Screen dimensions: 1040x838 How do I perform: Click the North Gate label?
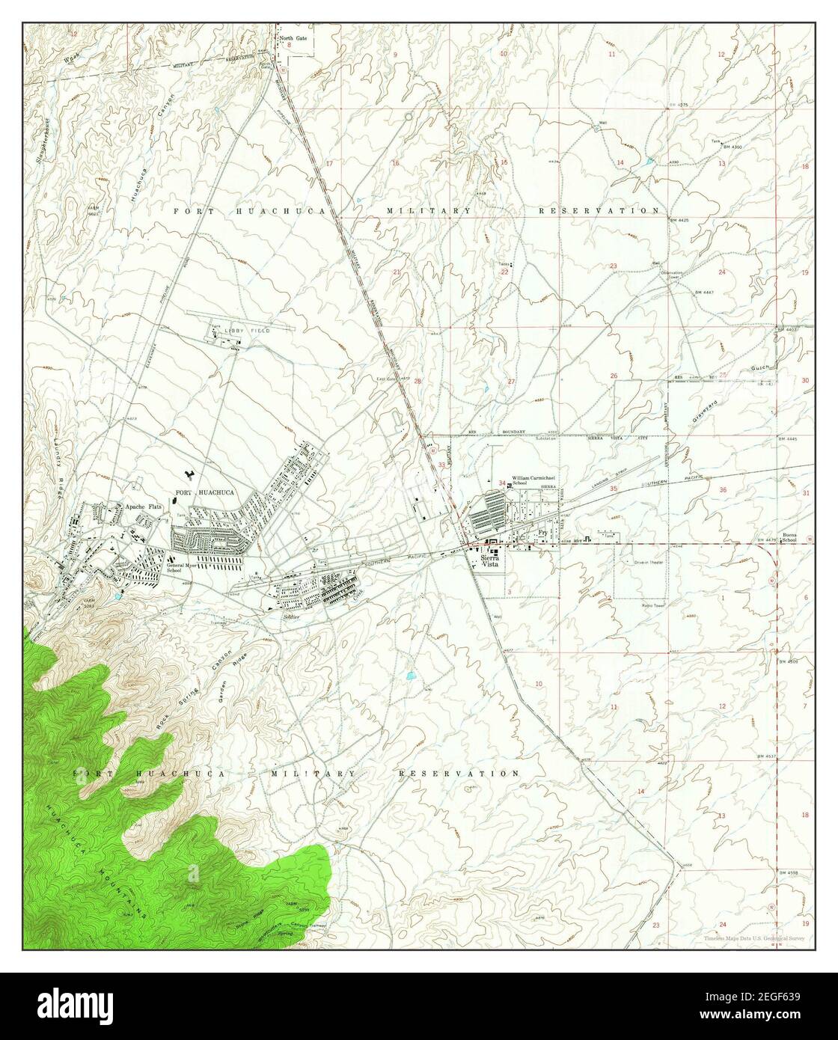(294, 37)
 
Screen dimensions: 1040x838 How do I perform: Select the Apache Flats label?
(144, 505)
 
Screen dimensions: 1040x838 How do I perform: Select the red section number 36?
(722, 490)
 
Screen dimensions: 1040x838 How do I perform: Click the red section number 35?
(614, 489)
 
